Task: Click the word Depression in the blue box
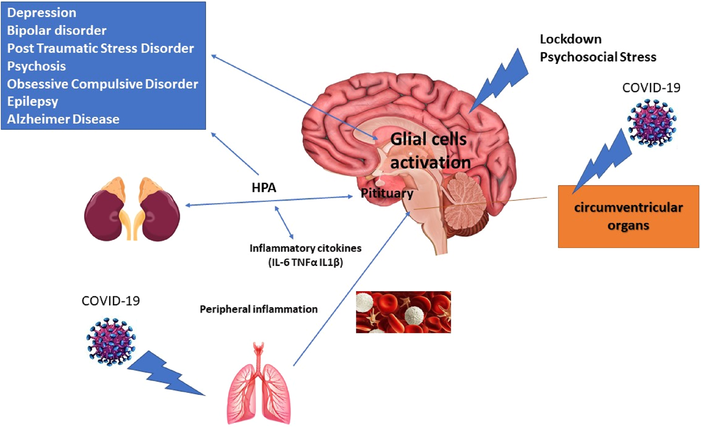42,13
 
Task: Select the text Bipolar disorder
57,30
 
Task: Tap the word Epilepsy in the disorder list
33,101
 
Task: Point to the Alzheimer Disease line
63,119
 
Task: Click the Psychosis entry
37,66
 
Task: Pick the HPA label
264,188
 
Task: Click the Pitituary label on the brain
387,193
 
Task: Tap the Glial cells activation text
429,150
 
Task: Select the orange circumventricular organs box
628,216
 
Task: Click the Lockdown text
570,39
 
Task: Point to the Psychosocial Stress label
598,57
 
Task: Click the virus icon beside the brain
651,123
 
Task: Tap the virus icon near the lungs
111,341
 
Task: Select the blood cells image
403,312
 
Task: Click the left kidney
106,211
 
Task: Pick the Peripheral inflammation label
258,309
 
